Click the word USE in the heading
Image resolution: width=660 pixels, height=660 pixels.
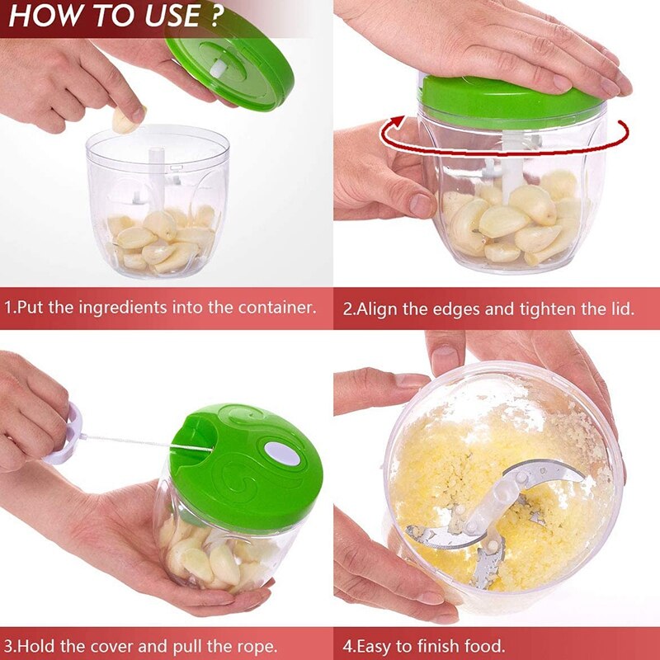pyautogui.click(x=173, y=16)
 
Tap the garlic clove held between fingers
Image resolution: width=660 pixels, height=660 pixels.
pyautogui.click(x=125, y=120)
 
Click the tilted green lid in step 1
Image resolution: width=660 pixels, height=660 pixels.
pyautogui.click(x=229, y=72)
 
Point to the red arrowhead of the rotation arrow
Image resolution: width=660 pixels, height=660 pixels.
pyautogui.click(x=398, y=123)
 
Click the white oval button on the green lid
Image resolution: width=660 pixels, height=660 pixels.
pyautogui.click(x=282, y=454)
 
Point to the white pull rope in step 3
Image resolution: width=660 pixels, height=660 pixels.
pyautogui.click(x=147, y=443)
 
